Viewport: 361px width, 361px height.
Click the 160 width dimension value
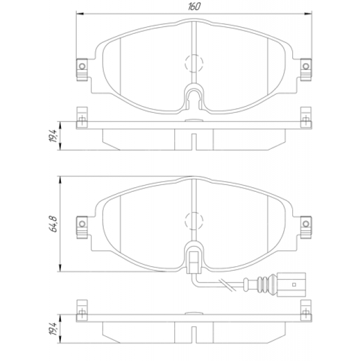point(194,6)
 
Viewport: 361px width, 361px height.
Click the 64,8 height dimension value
point(54,224)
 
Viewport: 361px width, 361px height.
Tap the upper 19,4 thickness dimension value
point(54,135)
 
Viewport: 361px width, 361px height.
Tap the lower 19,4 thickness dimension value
point(54,328)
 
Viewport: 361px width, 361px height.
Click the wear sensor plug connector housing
point(291,284)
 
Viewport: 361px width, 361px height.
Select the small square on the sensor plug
point(294,285)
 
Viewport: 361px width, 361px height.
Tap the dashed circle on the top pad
point(194,63)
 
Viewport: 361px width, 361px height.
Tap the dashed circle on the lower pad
point(194,221)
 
